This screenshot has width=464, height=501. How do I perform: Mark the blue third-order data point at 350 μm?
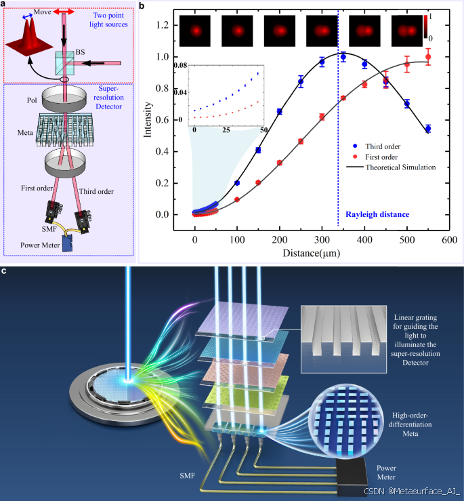[x=343, y=58]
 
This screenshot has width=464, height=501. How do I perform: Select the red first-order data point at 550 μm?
[x=427, y=56]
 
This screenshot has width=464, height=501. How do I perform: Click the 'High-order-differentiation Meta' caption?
[x=413, y=424]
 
